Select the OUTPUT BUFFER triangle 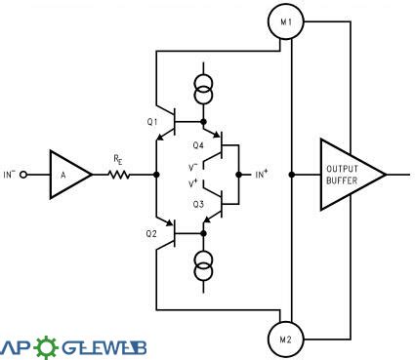350,174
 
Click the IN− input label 12,175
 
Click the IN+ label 262,175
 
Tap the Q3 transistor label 198,204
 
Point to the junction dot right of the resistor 156,175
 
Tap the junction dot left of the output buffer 291,175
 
